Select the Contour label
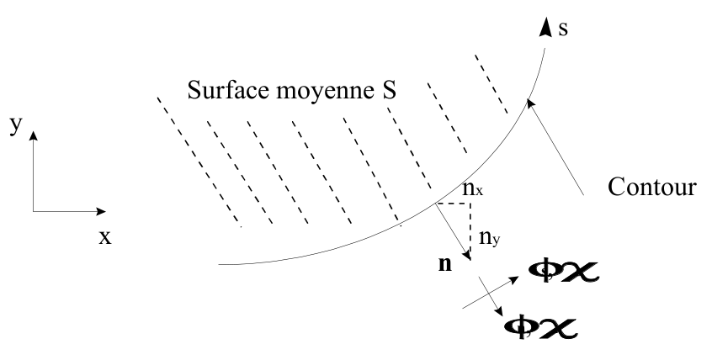point(651,187)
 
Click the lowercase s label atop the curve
point(562,29)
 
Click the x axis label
point(104,237)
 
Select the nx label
point(472,191)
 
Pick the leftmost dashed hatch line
point(199,161)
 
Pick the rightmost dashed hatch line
point(491,84)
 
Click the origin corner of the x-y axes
point(34,210)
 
